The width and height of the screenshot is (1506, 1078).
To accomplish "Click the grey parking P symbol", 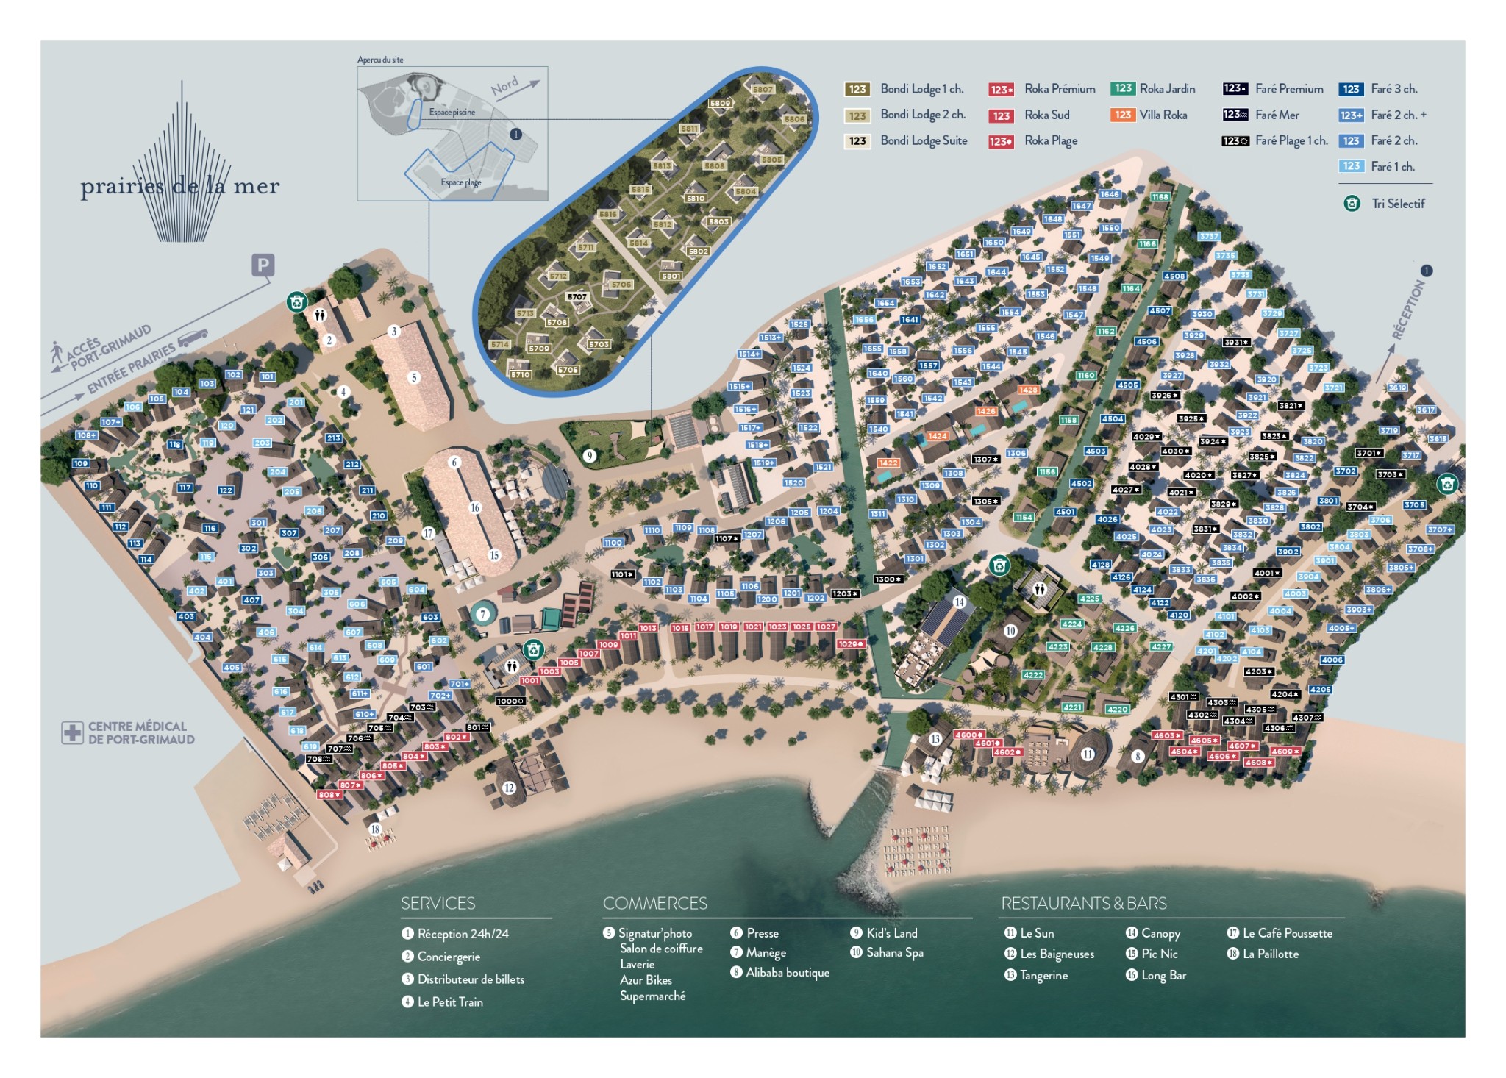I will pyautogui.click(x=263, y=265).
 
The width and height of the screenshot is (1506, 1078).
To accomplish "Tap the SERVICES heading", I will pyautogui.click(x=438, y=904).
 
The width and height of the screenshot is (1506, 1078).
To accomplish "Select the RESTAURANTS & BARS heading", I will pyautogui.click(x=1084, y=904).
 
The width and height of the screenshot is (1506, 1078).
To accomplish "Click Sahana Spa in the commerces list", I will pyautogui.click(x=894, y=953).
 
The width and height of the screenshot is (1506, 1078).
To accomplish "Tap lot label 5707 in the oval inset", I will pyautogui.click(x=577, y=297).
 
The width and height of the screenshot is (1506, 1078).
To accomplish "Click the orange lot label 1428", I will pyautogui.click(x=1028, y=390).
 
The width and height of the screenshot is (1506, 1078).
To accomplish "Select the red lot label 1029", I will pyautogui.click(x=850, y=644).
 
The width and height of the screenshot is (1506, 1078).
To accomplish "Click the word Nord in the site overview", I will pyautogui.click(x=504, y=87).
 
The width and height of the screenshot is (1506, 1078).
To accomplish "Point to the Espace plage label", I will pyautogui.click(x=461, y=182).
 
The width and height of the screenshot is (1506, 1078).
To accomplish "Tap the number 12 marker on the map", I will pyautogui.click(x=509, y=788).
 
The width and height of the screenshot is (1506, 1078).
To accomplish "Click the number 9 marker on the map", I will pyautogui.click(x=589, y=456).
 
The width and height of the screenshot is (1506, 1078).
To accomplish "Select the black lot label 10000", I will pyautogui.click(x=510, y=701).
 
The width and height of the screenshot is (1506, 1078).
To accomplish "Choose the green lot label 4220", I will pyautogui.click(x=1117, y=710).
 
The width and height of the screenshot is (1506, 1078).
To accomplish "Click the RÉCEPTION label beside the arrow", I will pyautogui.click(x=1407, y=311).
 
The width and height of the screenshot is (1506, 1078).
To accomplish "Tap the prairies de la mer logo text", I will pyautogui.click(x=180, y=186).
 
